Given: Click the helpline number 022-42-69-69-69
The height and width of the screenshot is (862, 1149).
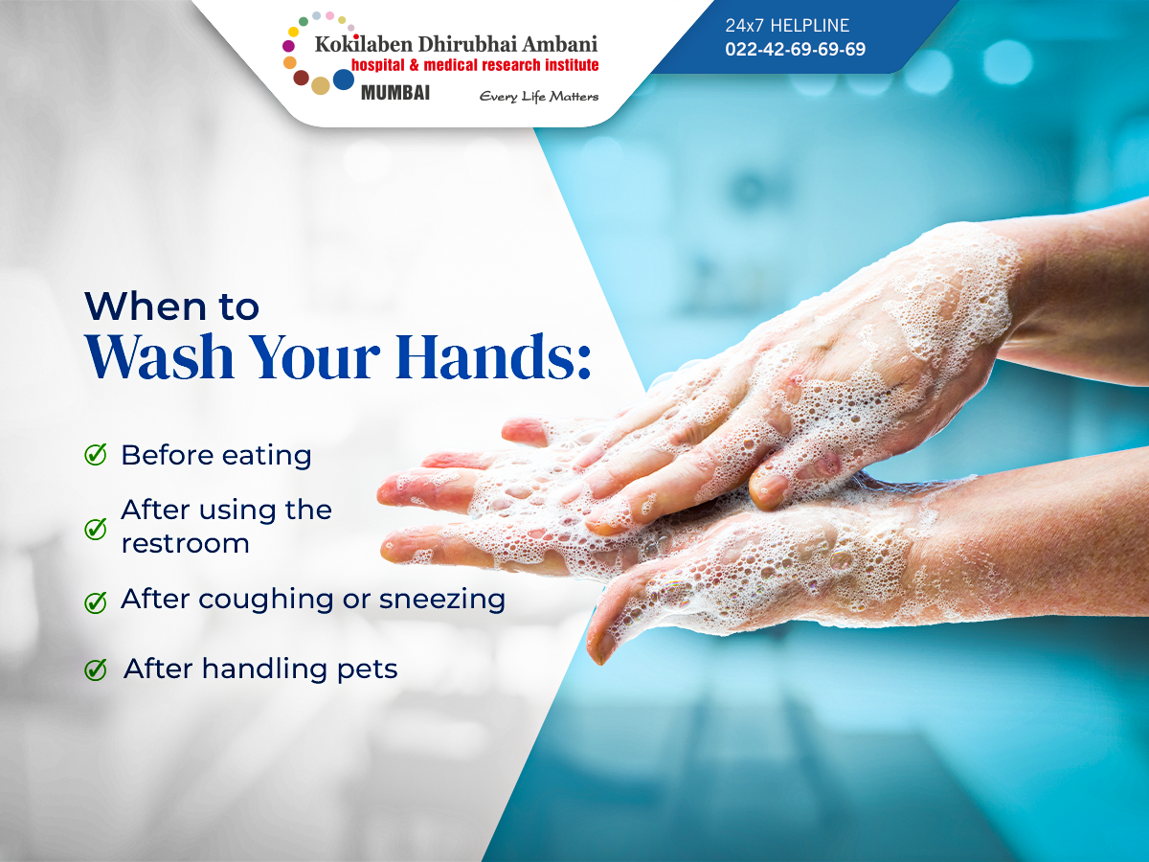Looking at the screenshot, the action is click(x=795, y=49).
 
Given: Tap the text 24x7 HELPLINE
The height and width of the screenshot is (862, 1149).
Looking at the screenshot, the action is click(x=787, y=25).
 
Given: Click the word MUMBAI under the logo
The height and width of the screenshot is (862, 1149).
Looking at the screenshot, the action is click(x=395, y=93).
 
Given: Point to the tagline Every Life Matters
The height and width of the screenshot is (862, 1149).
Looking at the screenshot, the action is click(x=539, y=97).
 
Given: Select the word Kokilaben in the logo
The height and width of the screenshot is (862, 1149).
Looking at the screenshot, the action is click(x=364, y=44).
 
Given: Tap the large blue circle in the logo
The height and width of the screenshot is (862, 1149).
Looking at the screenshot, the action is click(x=344, y=79).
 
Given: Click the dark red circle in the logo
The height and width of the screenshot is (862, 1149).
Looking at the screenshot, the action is click(x=301, y=78).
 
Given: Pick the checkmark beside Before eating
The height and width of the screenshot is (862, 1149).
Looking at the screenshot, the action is click(x=96, y=454).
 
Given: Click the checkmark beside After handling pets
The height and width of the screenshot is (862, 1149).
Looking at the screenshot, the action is click(x=96, y=669).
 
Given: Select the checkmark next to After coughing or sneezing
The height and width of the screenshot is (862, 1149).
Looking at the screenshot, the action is click(x=96, y=601).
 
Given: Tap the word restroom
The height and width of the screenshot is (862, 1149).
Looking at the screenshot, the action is click(x=186, y=544).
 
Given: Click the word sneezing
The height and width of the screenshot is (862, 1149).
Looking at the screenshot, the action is click(x=442, y=601).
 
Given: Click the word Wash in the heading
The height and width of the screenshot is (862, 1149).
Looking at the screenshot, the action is click(x=160, y=356).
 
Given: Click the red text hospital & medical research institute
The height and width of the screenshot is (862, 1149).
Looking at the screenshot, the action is click(x=475, y=65).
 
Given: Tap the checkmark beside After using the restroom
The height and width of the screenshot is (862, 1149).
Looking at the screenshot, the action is click(x=96, y=528).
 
